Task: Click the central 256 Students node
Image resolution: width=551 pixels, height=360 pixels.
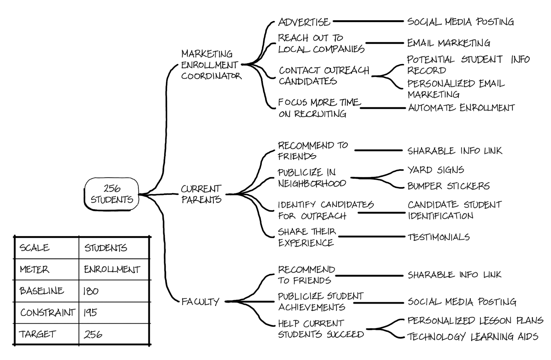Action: pyautogui.click(x=112, y=194)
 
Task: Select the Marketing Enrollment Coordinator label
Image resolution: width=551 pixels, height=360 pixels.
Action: pyautogui.click(x=211, y=65)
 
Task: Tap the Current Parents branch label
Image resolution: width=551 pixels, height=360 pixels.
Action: pyautogui.click(x=201, y=194)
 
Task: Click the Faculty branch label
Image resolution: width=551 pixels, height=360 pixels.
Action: pyautogui.click(x=200, y=302)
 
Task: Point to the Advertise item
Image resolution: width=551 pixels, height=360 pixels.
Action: pyautogui.click(x=304, y=22)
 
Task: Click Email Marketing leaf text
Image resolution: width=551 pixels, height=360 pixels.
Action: pyautogui.click(x=448, y=43)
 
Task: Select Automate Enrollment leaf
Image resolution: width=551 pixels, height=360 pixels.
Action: pyautogui.click(x=461, y=108)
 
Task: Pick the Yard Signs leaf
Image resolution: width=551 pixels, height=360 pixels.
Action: pyautogui.click(x=436, y=170)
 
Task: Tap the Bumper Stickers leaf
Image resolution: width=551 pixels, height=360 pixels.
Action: pyautogui.click(x=448, y=186)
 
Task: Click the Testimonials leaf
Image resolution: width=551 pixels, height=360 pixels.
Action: pyautogui.click(x=438, y=237)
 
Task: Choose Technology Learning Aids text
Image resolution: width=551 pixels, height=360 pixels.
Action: pyautogui.click(x=472, y=337)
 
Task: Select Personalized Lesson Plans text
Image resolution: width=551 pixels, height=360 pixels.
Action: pyautogui.click(x=475, y=321)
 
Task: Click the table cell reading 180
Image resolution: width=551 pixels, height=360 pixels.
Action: pyautogui.click(x=91, y=291)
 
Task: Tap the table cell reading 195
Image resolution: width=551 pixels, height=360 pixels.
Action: pyautogui.click(x=90, y=313)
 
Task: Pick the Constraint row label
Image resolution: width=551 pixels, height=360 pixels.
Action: pyautogui.click(x=47, y=313)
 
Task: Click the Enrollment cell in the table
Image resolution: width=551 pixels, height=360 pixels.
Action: pyautogui.click(x=112, y=269)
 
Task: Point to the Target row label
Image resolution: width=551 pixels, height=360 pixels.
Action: pyautogui.click(x=37, y=334)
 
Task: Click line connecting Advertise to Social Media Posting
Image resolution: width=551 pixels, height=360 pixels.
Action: pyautogui.click(x=368, y=21)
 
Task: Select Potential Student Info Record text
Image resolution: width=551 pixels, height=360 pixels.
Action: pyautogui.click(x=468, y=65)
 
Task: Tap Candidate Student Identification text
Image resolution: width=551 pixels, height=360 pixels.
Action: pyautogui.click(x=454, y=210)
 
